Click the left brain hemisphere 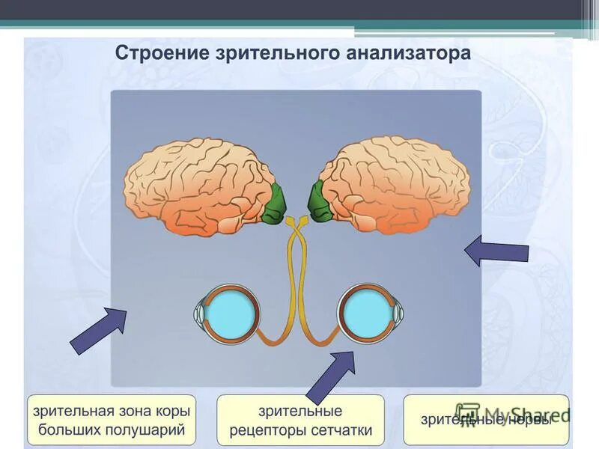point(195,183)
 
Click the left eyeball point(231,314)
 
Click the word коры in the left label point(171,412)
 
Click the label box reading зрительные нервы point(486,419)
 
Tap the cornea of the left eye point(200,314)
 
